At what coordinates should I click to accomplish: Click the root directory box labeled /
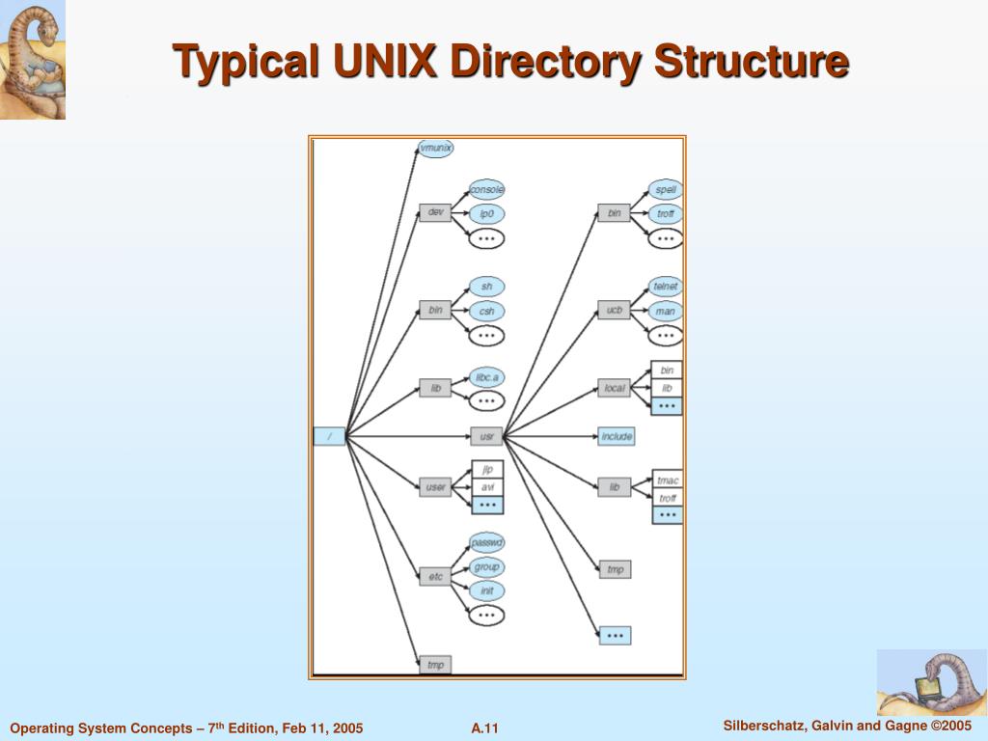[x=329, y=436]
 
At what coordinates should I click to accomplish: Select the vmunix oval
[x=436, y=149]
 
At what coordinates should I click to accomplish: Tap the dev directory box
[x=435, y=212]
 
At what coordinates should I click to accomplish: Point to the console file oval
[x=486, y=190]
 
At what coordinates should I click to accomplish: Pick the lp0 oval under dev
[x=486, y=214]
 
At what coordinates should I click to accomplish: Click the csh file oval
[x=486, y=312]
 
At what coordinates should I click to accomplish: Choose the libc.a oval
[x=486, y=376]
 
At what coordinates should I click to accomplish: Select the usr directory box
[x=486, y=437]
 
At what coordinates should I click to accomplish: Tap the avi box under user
[x=487, y=486]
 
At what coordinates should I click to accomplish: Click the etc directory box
[x=435, y=577]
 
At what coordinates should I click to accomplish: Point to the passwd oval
[x=486, y=542]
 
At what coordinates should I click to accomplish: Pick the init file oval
[x=486, y=590]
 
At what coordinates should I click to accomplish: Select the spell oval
[x=665, y=190]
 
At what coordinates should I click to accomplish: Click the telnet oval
[x=665, y=287]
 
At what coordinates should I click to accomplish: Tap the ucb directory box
[x=614, y=310]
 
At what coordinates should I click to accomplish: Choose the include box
[x=616, y=437]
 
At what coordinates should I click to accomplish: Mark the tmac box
[x=667, y=480]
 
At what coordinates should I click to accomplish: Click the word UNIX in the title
[x=386, y=62]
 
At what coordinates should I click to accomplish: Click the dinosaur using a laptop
[x=931, y=682]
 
